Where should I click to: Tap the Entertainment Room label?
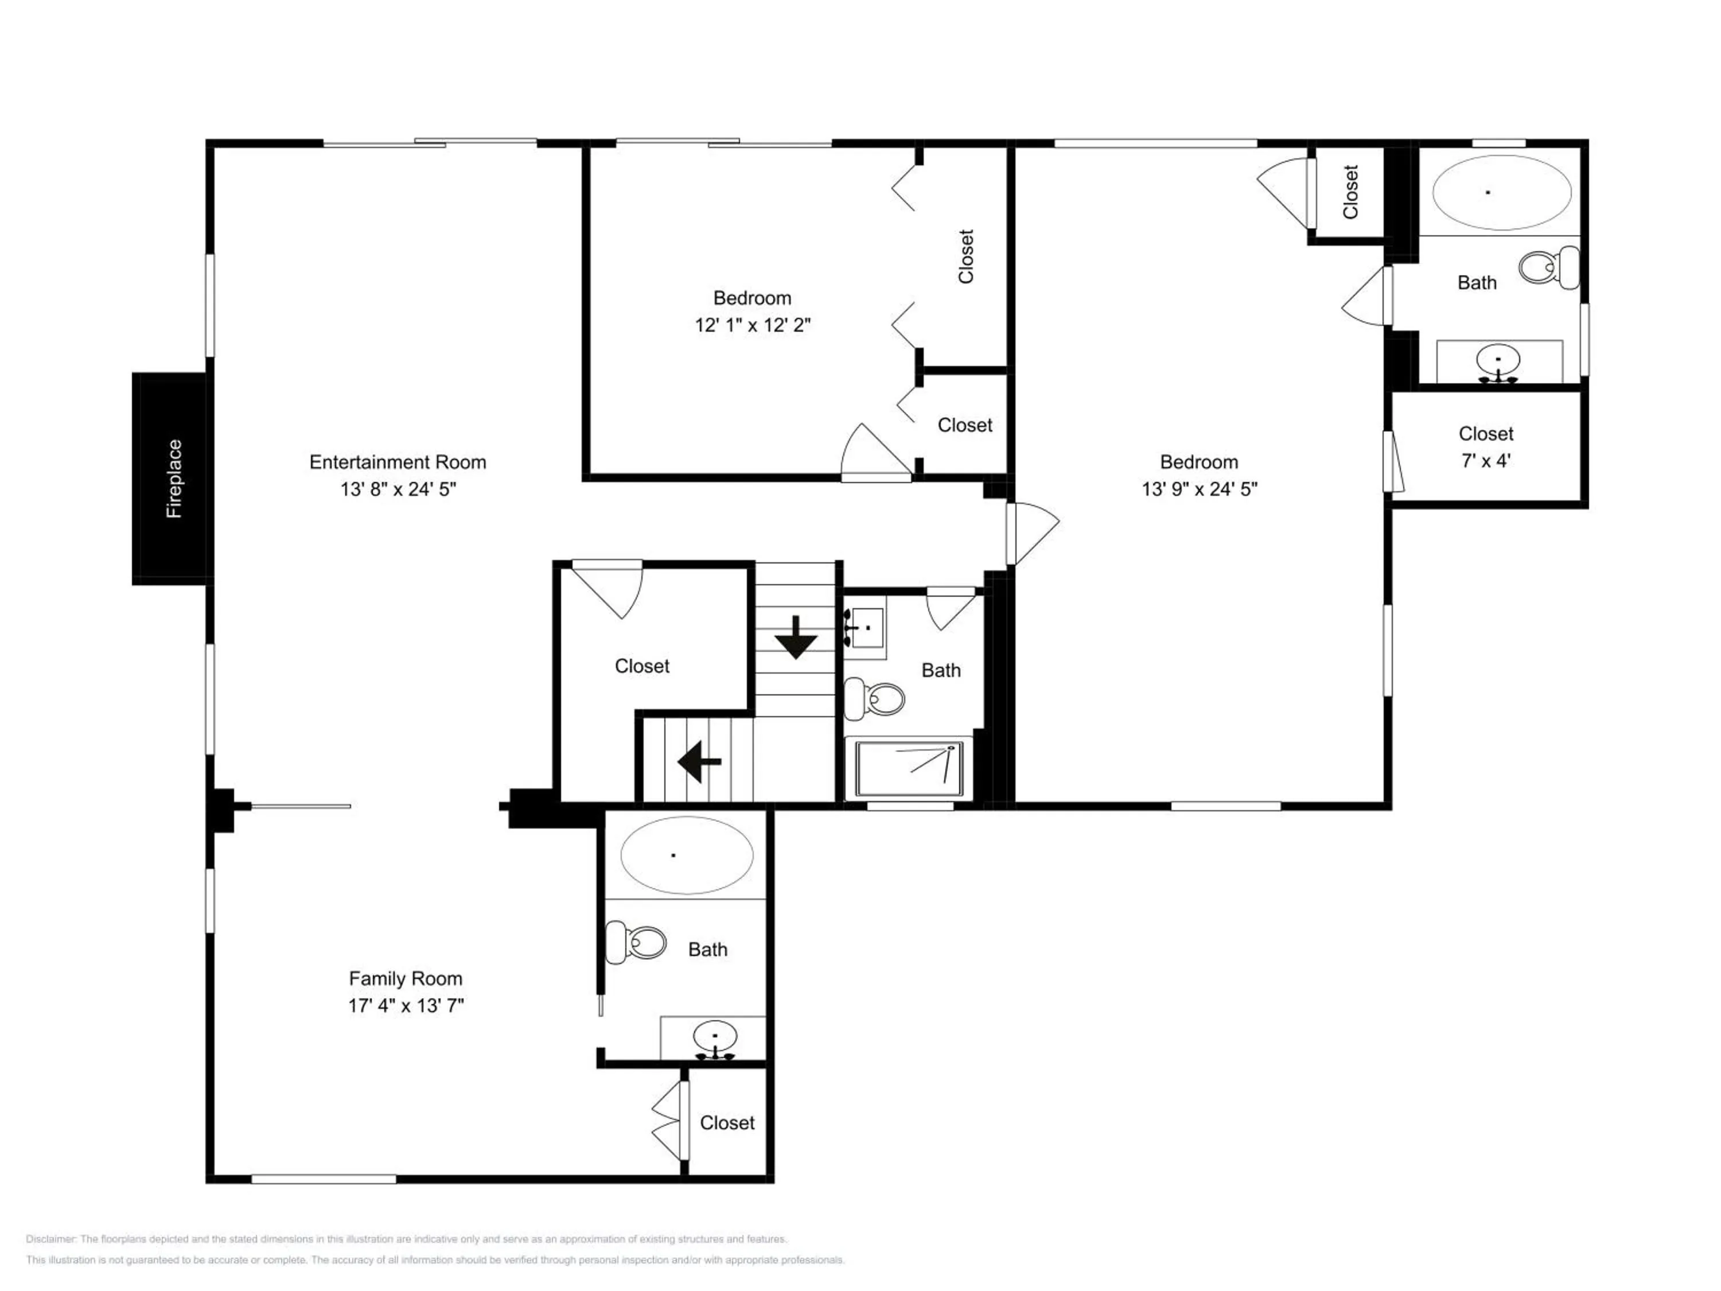click(x=398, y=462)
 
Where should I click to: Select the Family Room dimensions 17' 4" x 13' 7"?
click(x=406, y=1005)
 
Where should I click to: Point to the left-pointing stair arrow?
click(x=699, y=761)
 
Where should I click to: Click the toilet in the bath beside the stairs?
click(x=874, y=698)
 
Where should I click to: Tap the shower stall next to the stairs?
click(x=909, y=769)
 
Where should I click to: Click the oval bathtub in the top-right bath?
click(x=1502, y=192)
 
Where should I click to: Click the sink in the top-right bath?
click(x=1498, y=363)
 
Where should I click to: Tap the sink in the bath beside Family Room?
click(x=715, y=1040)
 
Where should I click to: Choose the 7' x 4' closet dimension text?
click(x=1486, y=461)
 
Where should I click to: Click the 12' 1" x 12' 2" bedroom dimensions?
click(x=752, y=325)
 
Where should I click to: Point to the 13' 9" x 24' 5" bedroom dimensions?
click(x=1199, y=489)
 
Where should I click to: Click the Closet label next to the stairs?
click(x=642, y=666)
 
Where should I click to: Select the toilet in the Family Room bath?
click(x=636, y=942)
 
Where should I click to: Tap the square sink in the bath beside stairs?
click(x=865, y=627)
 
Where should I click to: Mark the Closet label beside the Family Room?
click(x=727, y=1123)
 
